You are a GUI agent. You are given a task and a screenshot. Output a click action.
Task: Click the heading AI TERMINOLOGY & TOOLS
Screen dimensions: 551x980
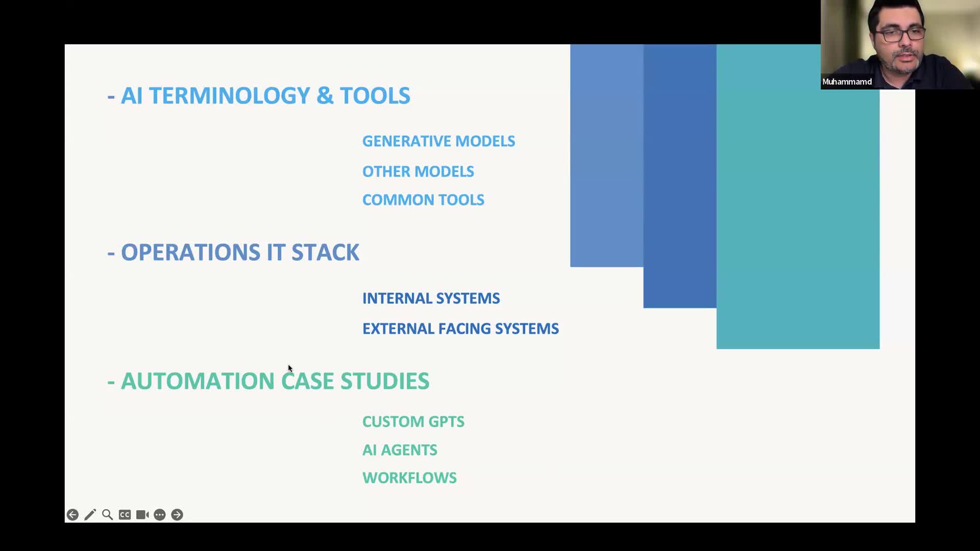(x=265, y=96)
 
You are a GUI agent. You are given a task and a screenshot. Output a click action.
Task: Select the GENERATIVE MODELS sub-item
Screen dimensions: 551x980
(x=438, y=141)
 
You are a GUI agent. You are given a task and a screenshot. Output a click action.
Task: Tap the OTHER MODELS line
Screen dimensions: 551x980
(x=418, y=171)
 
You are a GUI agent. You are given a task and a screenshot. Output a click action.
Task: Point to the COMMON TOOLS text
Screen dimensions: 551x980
(x=423, y=200)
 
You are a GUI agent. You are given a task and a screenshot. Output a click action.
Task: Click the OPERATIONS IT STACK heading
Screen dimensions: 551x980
(x=239, y=253)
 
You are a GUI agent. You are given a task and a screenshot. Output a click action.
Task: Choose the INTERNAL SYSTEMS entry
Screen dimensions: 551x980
(x=431, y=298)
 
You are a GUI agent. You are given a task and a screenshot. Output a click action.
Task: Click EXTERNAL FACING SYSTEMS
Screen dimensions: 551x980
(x=460, y=329)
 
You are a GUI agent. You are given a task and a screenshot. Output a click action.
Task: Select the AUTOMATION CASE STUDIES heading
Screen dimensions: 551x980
(x=275, y=381)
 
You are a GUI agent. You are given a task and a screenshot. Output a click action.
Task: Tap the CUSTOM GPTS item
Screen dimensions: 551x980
(x=413, y=422)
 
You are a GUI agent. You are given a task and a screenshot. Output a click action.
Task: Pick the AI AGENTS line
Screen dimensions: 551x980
(x=400, y=450)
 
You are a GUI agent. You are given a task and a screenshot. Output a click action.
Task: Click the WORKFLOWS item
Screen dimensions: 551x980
(x=409, y=478)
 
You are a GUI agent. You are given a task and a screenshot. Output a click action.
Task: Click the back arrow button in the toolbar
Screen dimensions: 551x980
(x=72, y=515)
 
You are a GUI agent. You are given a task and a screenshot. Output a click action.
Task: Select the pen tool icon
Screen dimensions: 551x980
(x=90, y=515)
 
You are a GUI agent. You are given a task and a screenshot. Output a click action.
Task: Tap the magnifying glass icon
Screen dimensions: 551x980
(x=107, y=515)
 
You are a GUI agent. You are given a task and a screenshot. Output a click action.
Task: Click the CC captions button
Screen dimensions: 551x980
(x=125, y=515)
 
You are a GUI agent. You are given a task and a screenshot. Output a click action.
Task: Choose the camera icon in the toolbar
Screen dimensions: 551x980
(x=142, y=515)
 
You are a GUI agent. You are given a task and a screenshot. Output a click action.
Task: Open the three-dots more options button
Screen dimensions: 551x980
(x=160, y=515)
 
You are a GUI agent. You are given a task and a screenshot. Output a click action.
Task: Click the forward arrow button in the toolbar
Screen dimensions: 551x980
(x=177, y=515)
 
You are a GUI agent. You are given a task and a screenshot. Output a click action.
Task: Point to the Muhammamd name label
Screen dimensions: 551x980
(x=847, y=82)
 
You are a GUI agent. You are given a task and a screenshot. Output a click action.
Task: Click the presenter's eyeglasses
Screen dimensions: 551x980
(x=900, y=35)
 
